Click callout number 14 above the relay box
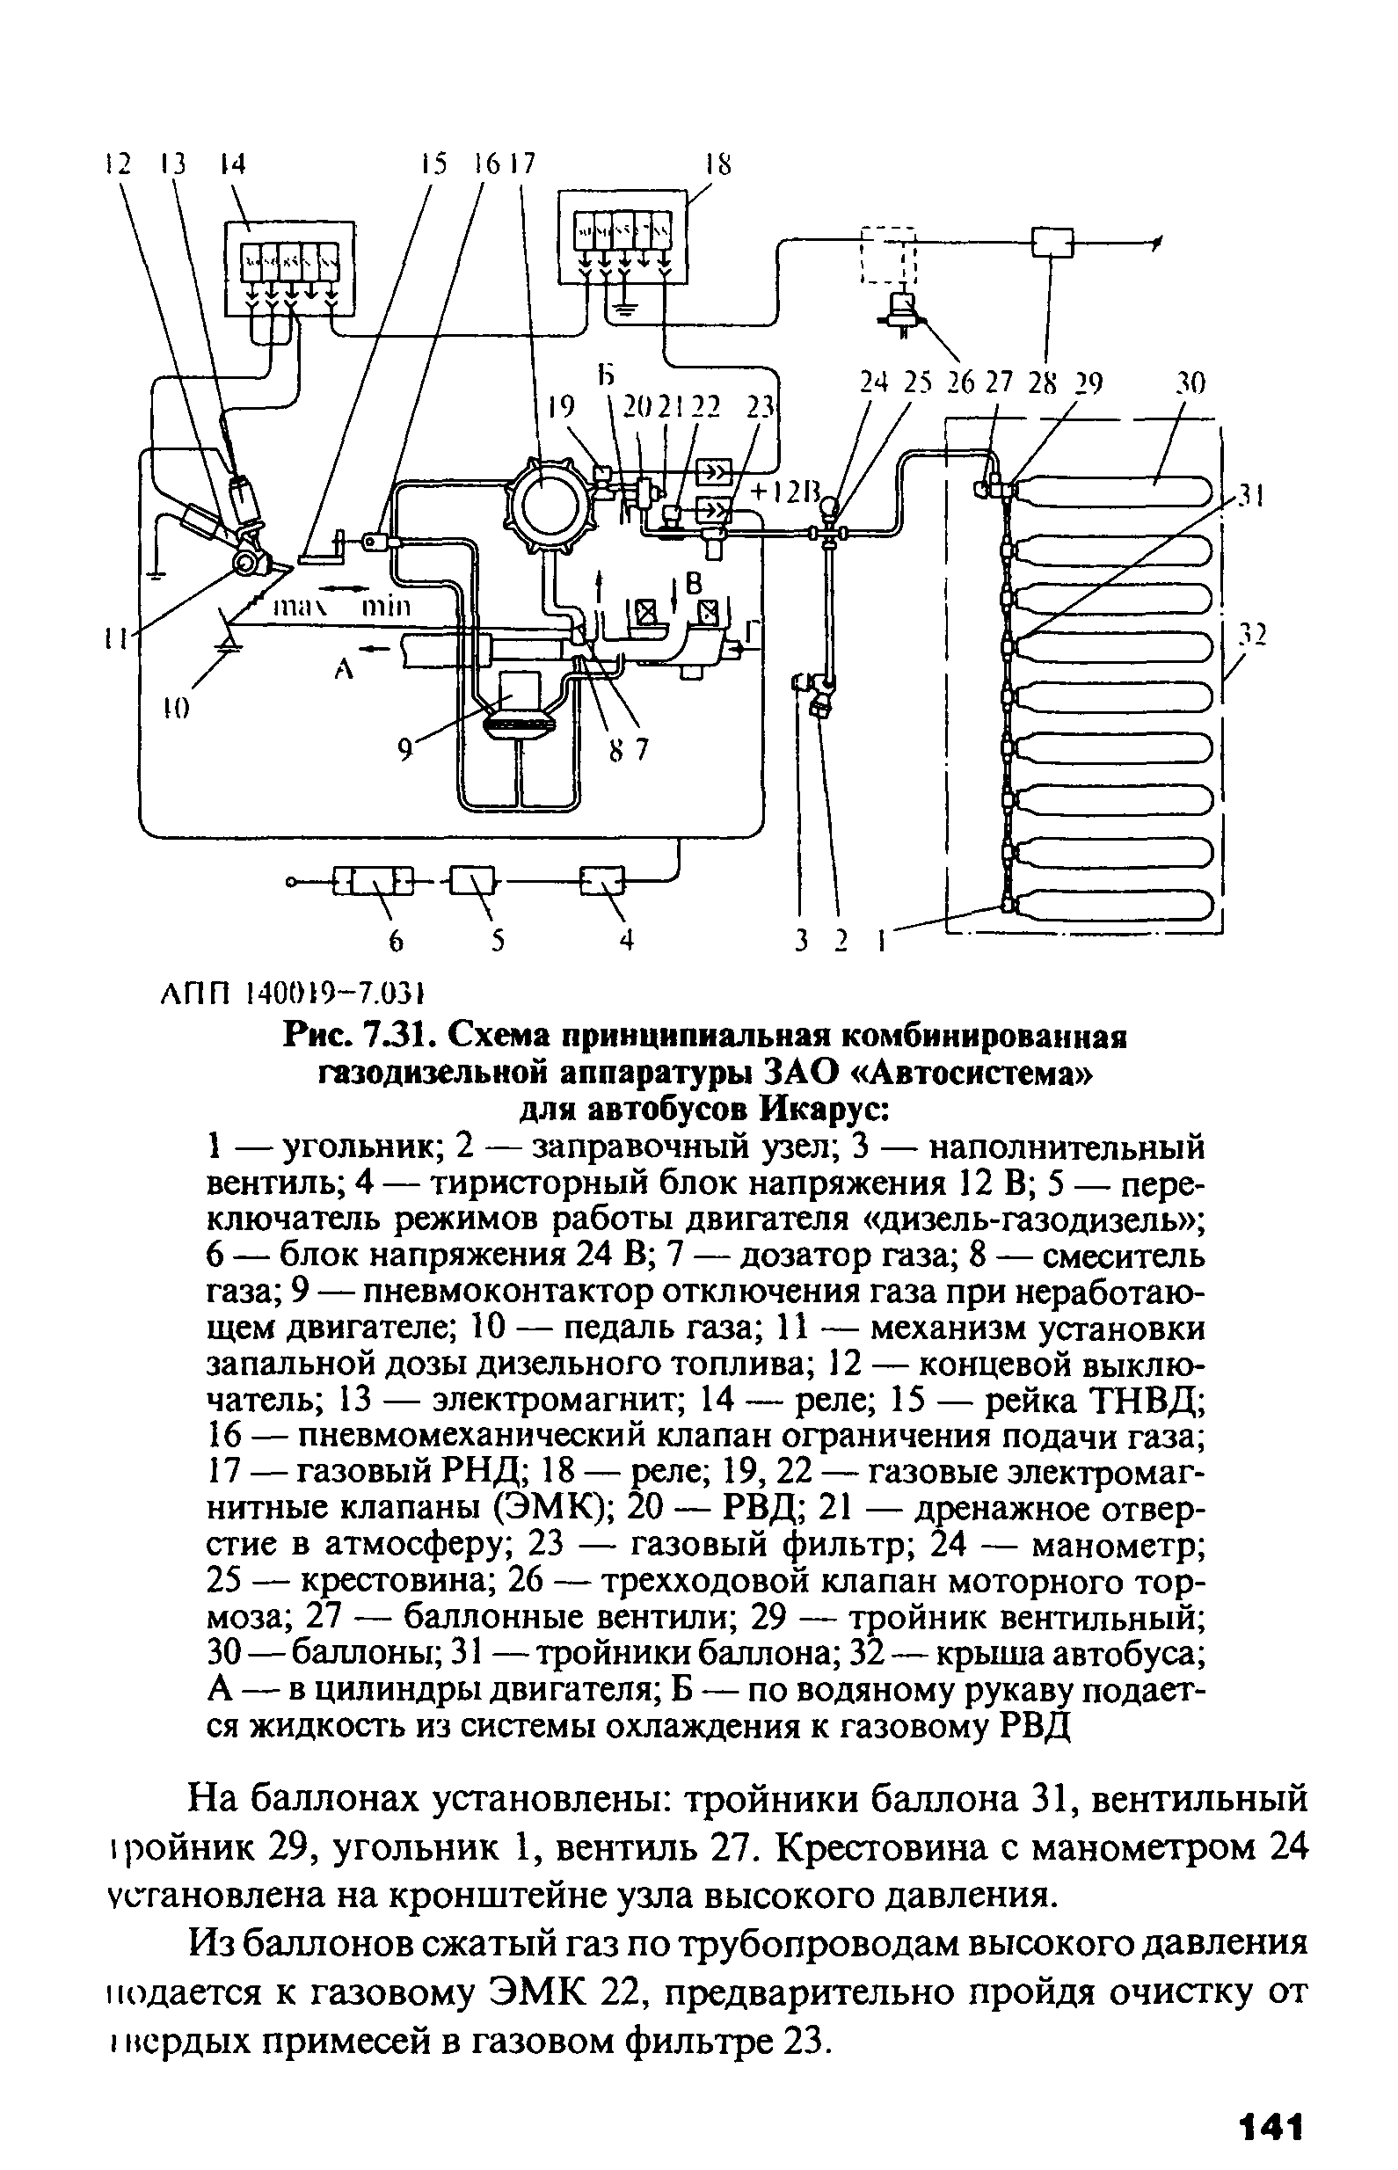233,164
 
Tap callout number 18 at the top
718,164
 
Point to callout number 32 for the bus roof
1254,636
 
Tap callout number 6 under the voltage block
394,942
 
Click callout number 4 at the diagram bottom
625,942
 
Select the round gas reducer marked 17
542,498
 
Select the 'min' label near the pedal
386,607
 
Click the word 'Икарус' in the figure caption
821,1109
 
